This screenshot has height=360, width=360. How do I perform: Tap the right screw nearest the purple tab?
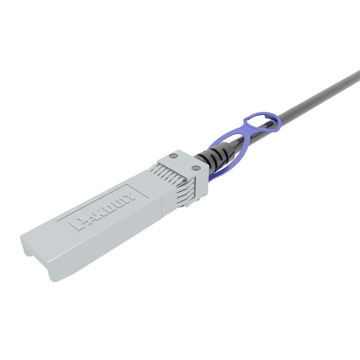(x=195, y=168)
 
